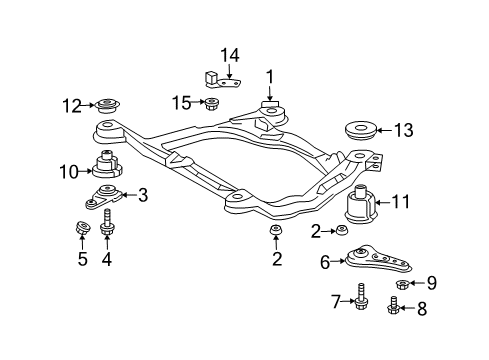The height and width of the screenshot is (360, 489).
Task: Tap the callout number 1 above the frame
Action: (x=268, y=76)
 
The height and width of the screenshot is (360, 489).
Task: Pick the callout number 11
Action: (x=400, y=202)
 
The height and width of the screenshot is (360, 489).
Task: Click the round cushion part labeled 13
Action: (x=361, y=130)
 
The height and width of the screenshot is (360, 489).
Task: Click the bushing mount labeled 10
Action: (x=107, y=166)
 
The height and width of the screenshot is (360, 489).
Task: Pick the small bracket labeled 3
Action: (x=105, y=196)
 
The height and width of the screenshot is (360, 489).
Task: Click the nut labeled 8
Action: (x=394, y=308)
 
